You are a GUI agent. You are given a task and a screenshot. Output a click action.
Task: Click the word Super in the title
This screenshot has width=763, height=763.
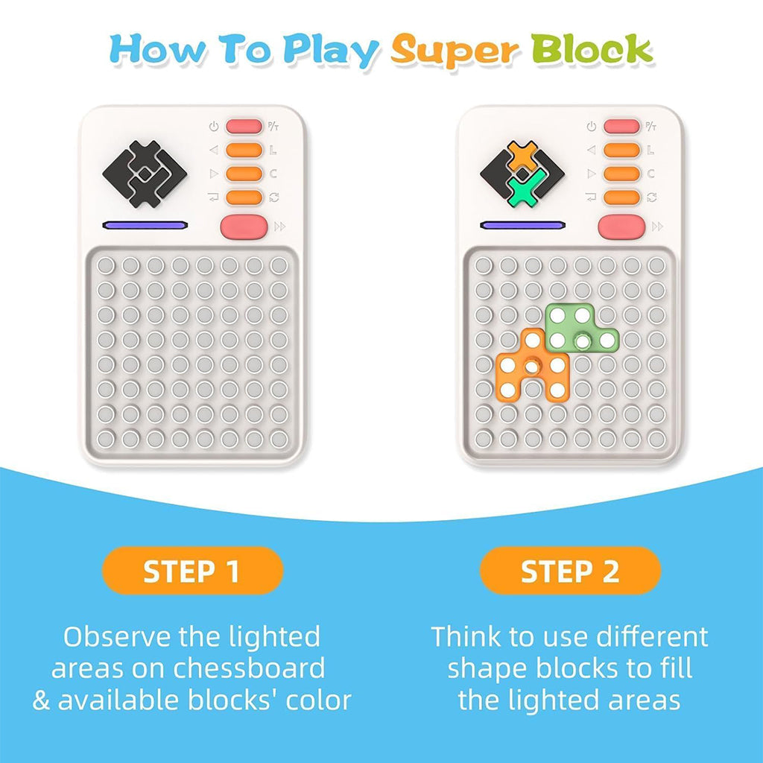click(455, 51)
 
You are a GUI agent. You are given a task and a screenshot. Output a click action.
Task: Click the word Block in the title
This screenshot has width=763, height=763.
click(591, 48)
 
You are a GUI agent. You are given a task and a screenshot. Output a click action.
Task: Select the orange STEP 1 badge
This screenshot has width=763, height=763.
click(192, 570)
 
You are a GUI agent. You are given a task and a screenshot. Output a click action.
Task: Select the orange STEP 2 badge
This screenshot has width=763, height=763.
click(570, 570)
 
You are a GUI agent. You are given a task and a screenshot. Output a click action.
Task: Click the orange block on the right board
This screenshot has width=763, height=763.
click(532, 365)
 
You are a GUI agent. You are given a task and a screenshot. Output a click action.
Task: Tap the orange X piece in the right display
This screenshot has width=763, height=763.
click(523, 156)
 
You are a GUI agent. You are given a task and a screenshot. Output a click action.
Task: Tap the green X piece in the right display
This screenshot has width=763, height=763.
click(524, 190)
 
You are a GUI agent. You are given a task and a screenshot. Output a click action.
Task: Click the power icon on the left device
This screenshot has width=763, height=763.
click(214, 127)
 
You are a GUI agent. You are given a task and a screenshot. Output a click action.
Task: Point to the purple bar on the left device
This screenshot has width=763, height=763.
click(145, 225)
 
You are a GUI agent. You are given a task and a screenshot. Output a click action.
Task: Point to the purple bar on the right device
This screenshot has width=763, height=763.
click(522, 225)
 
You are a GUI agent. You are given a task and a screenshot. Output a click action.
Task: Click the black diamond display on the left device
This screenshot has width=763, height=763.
click(145, 174)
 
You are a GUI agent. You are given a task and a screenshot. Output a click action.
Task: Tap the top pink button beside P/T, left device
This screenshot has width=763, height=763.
click(244, 127)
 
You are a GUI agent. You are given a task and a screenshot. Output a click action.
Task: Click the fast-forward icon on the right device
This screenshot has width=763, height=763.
click(657, 227)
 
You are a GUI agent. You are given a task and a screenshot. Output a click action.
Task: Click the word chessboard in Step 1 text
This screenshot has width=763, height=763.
click(249, 668)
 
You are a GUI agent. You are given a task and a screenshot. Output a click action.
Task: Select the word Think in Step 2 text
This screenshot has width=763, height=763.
click(466, 636)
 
